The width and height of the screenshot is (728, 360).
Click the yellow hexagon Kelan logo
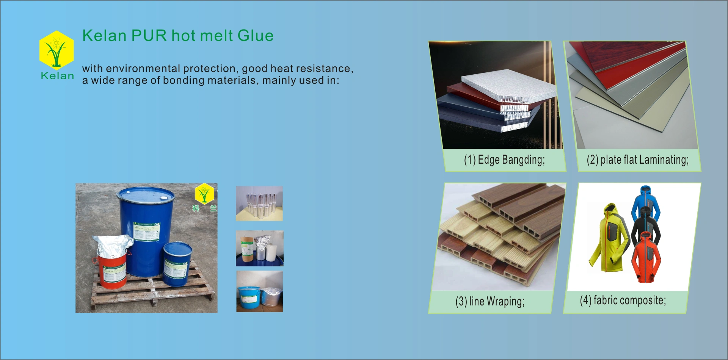(x=56, y=50)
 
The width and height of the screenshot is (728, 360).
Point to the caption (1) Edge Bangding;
(x=504, y=160)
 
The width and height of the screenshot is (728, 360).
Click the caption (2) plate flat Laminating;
(x=637, y=160)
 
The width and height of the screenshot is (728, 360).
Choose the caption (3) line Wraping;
(x=490, y=302)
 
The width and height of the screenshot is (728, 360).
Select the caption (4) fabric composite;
(x=623, y=301)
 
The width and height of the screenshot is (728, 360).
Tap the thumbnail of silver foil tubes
(x=259, y=203)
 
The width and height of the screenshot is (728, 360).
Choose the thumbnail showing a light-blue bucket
(x=259, y=291)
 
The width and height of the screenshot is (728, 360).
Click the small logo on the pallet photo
(x=204, y=194)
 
